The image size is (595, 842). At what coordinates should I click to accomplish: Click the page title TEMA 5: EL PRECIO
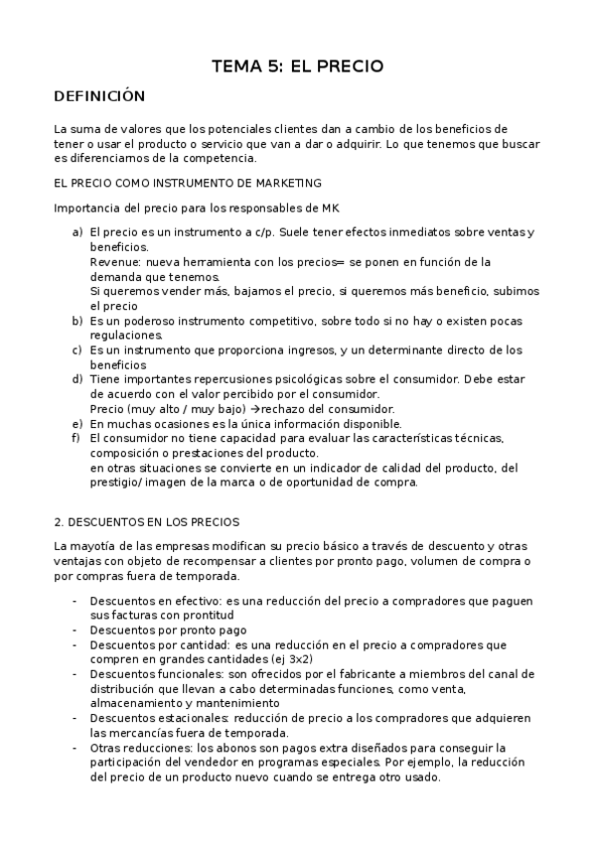tap(297, 67)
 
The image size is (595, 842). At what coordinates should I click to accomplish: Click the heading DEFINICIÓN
tap(99, 96)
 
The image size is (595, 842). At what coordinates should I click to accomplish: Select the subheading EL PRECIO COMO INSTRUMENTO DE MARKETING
tap(188, 183)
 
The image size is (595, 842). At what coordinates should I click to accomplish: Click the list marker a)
tap(76, 232)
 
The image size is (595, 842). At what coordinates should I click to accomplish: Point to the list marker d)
tap(76, 379)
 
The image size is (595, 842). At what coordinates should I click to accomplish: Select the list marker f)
tap(76, 438)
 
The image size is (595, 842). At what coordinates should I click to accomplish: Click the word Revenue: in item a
tap(115, 262)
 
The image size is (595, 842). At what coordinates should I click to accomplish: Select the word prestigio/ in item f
tap(117, 483)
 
